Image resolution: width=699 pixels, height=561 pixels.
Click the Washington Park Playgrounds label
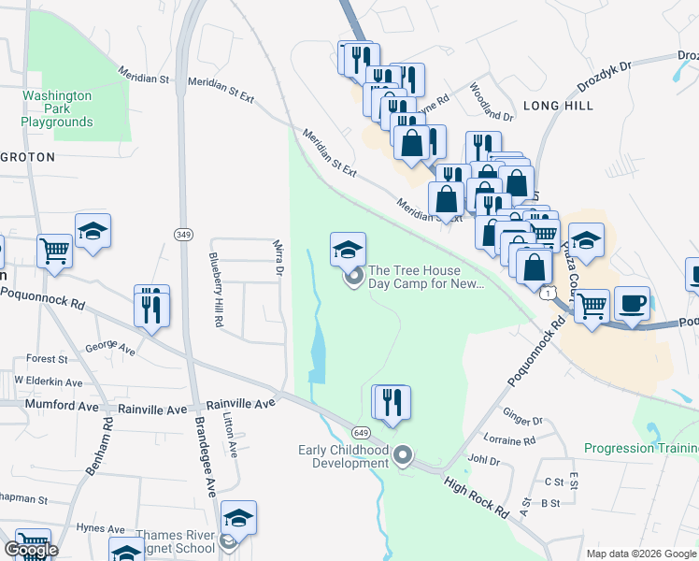57,108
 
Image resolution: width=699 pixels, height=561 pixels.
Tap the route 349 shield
183,231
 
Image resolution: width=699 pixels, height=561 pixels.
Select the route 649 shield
361,433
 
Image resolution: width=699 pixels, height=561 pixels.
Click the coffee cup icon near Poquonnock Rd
632,304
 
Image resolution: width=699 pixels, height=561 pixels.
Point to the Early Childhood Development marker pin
404,456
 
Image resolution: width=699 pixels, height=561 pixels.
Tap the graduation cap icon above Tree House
348,249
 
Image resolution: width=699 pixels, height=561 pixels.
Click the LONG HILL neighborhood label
558,106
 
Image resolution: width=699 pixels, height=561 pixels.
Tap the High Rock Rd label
476,498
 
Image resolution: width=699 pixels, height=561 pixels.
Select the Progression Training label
641,448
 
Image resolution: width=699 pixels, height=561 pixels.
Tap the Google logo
31,550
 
